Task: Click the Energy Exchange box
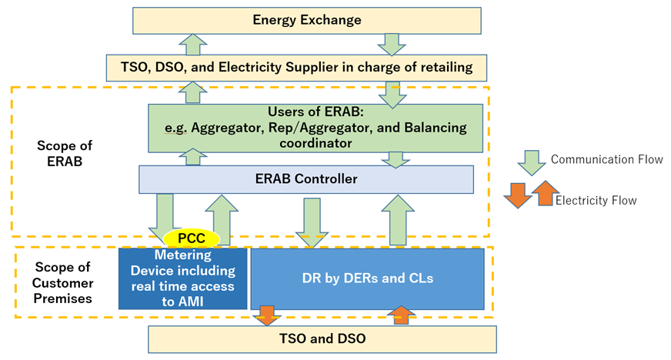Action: coord(306,19)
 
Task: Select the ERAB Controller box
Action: coord(306,179)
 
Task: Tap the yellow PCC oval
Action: coord(192,239)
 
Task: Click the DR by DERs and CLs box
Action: coord(367,278)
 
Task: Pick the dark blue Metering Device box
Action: coord(182,278)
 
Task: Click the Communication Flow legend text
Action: coord(607,160)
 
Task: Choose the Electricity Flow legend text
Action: coord(596,201)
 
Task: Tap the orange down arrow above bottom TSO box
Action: coord(268,315)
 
